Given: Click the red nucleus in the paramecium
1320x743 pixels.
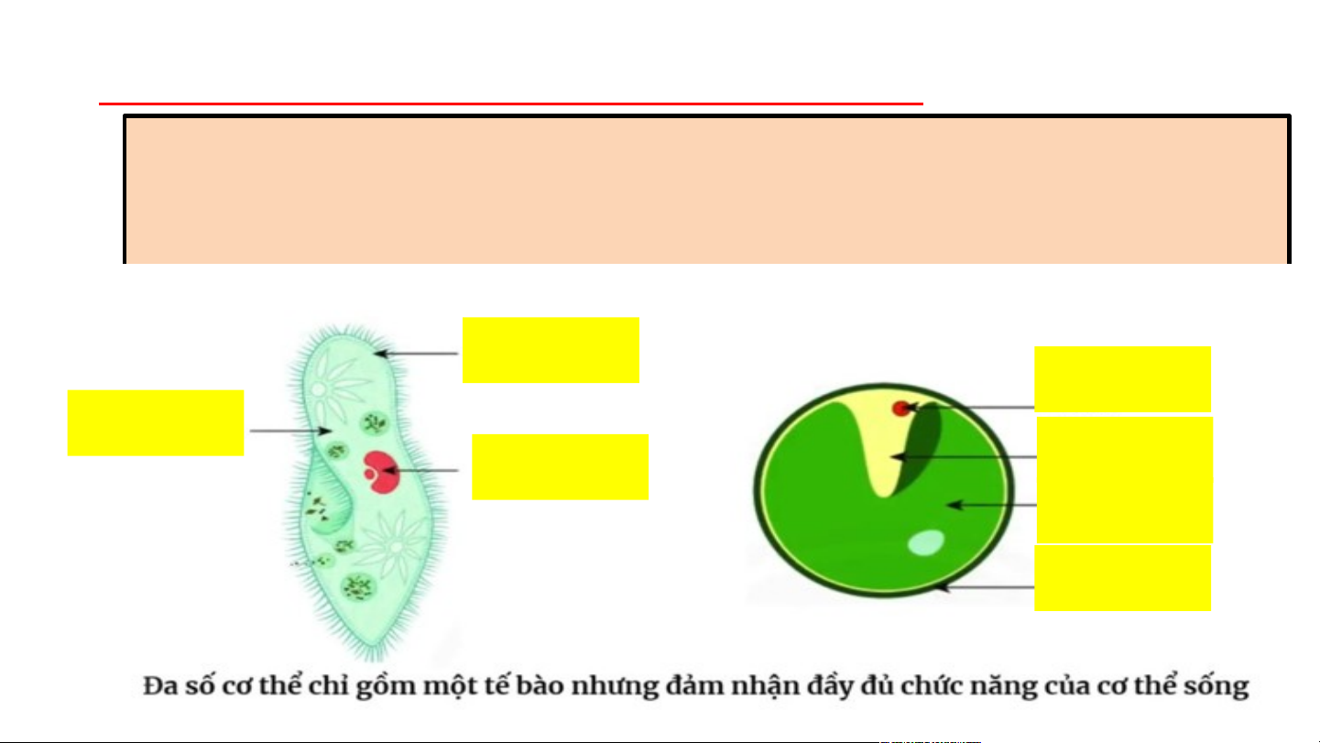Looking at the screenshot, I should (x=377, y=469).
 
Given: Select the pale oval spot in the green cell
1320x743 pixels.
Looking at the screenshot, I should (x=924, y=543).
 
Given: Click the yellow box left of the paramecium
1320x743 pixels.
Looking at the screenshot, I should (x=156, y=422).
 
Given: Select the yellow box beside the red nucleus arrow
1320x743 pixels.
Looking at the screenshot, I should (x=560, y=466).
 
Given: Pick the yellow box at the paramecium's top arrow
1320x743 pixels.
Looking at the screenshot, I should (x=551, y=350).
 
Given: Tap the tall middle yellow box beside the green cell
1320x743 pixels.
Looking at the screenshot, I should (x=1125, y=480).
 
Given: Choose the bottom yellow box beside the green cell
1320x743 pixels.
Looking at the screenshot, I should (x=1122, y=578).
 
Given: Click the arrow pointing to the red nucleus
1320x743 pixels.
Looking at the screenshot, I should (x=421, y=471).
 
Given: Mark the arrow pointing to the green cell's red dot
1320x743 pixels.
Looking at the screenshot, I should (x=971, y=406).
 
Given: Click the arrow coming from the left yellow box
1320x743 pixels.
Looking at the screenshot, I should (x=289, y=431).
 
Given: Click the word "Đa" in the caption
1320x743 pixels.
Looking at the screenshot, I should (x=158, y=687).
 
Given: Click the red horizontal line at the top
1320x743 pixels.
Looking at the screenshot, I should (x=510, y=104).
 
